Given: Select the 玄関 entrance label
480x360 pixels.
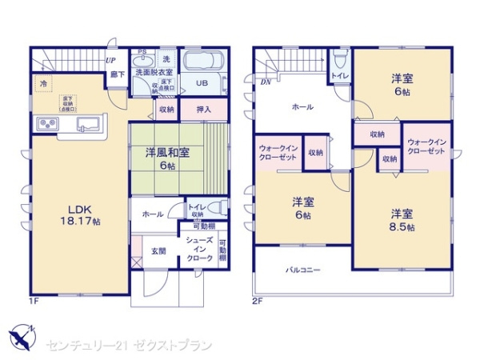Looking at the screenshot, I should coord(158,250).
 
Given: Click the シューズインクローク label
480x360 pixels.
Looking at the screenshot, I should coord(198,250).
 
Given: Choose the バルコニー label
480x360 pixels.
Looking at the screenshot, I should coord(303,270).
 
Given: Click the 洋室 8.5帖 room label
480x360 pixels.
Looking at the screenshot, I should coord(402,220).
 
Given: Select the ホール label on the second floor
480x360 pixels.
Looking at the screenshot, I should coord(302,106).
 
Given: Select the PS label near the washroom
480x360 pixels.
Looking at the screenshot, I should coord(142,54).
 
